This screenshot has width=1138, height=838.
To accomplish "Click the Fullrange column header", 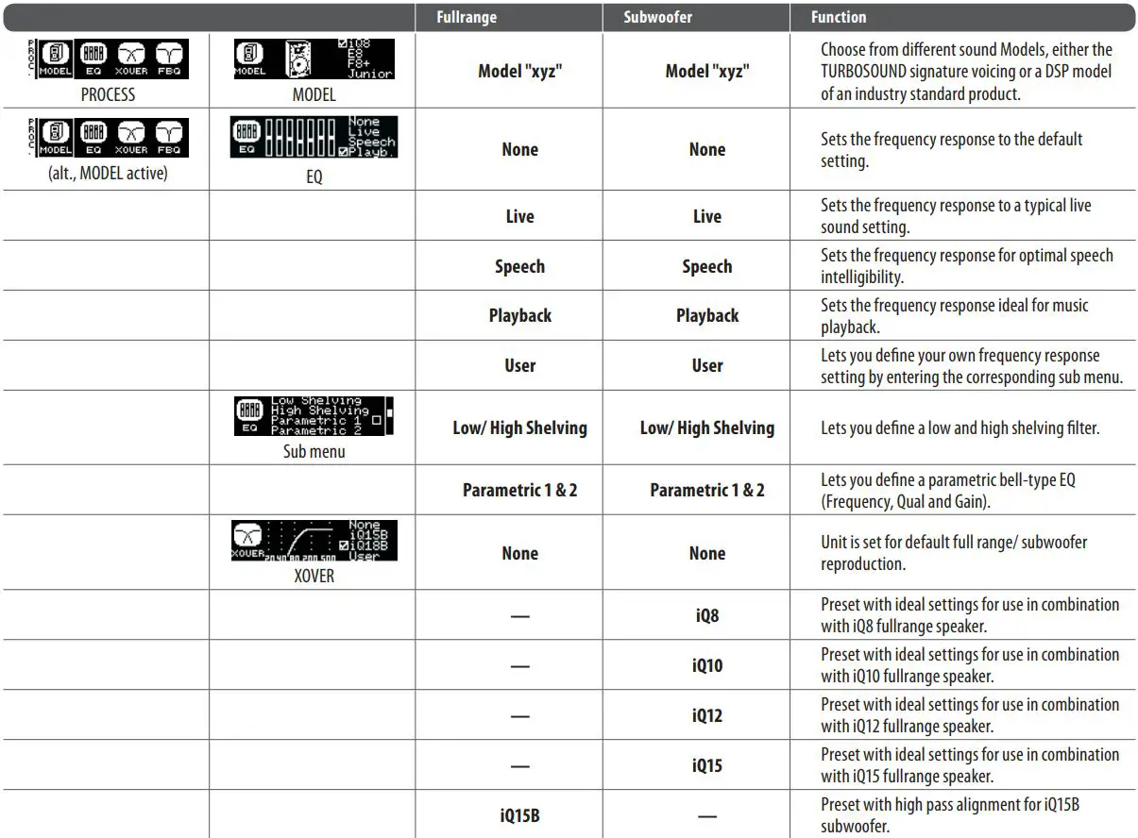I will [x=467, y=17].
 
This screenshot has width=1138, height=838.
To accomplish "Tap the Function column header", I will [x=839, y=17].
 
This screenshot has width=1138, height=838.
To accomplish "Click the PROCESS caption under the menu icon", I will [x=108, y=94].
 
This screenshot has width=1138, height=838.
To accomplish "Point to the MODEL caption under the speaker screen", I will [x=314, y=94].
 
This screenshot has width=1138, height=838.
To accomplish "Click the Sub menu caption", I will [x=314, y=451].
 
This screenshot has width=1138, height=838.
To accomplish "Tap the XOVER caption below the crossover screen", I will [x=314, y=575].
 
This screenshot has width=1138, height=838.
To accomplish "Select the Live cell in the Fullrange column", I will [x=519, y=216].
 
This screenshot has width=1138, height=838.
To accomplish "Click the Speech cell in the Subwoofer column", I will [x=706, y=266].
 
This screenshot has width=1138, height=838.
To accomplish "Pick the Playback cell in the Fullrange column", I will [x=519, y=315].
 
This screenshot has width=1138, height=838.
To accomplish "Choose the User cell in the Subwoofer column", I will [x=706, y=365].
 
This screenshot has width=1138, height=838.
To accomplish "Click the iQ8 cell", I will [x=706, y=615].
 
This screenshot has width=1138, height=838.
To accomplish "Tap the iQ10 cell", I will [x=706, y=665].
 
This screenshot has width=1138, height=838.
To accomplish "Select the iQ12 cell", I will [x=706, y=715].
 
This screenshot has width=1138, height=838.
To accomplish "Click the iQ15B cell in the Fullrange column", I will [x=519, y=814].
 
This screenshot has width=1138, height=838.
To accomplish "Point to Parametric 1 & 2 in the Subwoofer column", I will [x=706, y=490].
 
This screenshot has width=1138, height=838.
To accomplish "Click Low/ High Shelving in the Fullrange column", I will [x=519, y=427].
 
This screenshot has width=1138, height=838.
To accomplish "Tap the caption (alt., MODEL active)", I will [x=108, y=174].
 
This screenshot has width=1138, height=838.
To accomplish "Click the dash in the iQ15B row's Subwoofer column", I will [x=706, y=814].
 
